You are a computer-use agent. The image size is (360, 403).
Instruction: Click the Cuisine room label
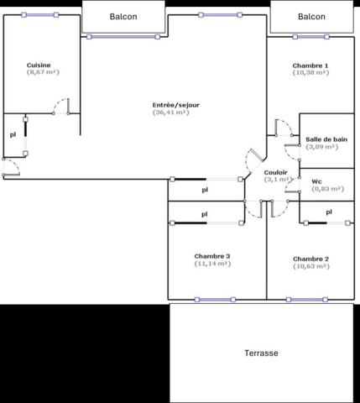tap(39, 65)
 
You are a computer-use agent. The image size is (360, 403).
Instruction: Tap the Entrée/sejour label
tap(176, 105)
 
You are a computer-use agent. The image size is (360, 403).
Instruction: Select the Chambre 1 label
tap(310, 65)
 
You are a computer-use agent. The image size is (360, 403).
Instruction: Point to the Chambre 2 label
tap(310, 259)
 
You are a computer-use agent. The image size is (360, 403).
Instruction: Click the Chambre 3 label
tap(212, 256)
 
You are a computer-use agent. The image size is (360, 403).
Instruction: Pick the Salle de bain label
tap(326, 139)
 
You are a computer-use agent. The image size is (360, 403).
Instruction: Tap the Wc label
tap(316, 181)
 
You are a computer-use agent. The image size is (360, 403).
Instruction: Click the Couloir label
tap(275, 172)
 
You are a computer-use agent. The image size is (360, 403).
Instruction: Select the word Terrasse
tap(261, 353)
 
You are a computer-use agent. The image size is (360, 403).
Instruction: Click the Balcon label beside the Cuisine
tap(123, 17)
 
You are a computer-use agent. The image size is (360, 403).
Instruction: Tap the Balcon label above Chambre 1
tap(311, 17)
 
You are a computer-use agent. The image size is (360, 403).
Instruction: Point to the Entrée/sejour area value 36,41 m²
tap(171, 113)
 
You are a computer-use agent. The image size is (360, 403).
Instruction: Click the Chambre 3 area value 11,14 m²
tap(212, 264)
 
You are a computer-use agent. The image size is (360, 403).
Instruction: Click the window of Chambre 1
tap(310, 37)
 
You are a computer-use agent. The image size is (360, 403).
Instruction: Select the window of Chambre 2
tap(307, 300)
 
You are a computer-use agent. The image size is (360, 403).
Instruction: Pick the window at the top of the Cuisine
tap(40, 15)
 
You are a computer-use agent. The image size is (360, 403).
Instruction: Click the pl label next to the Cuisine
tap(13, 135)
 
